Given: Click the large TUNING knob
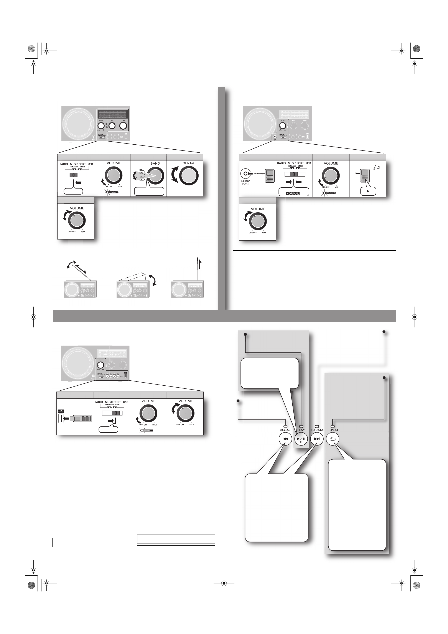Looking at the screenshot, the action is tap(189, 176).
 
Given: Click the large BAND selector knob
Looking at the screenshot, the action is tap(156, 176).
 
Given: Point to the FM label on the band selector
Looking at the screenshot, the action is tap(141, 170).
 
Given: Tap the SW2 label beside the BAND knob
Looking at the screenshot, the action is tap(141, 180).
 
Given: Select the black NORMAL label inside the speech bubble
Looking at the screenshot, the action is tap(293, 194).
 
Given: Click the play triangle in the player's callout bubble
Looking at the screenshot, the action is tap(368, 191).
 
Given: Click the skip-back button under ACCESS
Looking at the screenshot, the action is tap(285, 439).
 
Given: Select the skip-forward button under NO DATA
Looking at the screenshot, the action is tap(317, 439).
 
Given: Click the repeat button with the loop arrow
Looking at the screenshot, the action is tap(332, 439).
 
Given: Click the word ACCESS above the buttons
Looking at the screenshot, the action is tap(285, 430).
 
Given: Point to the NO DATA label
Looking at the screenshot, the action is tap(317, 430).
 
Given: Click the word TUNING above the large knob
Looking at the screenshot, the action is tap(189, 163).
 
